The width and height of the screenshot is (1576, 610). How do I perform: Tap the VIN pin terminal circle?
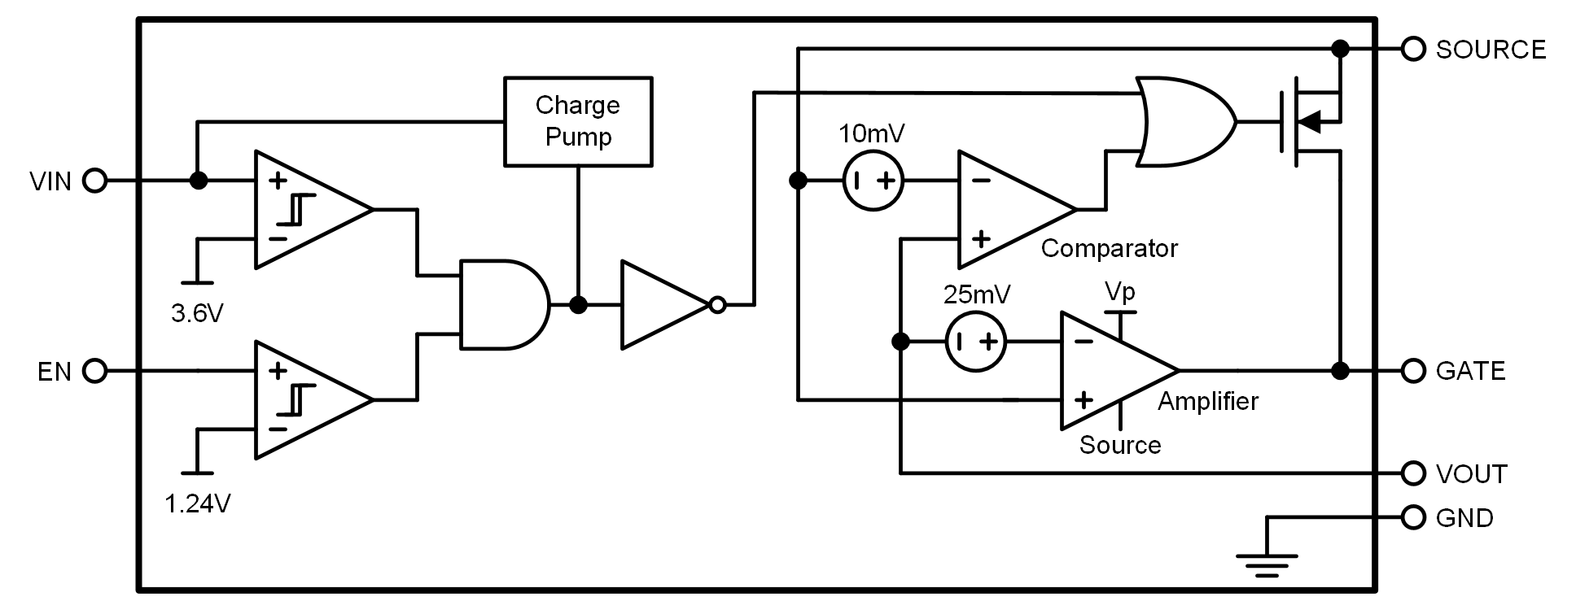(x=95, y=181)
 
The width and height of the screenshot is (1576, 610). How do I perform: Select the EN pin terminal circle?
(x=95, y=371)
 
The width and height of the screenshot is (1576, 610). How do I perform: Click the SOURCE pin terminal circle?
(x=1414, y=50)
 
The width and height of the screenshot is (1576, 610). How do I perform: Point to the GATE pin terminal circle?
(x=1414, y=371)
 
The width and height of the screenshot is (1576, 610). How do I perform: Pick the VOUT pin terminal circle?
(x=1414, y=473)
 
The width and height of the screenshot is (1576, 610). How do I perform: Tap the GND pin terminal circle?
(x=1414, y=517)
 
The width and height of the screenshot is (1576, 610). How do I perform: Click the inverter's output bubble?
(x=717, y=305)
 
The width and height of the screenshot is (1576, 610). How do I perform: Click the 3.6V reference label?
(x=197, y=313)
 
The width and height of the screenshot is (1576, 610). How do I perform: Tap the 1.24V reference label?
(x=198, y=504)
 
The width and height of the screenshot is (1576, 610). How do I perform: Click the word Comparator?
(x=1109, y=248)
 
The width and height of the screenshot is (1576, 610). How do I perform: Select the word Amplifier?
(x=1208, y=401)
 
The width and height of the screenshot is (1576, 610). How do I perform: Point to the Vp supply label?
(x=1120, y=291)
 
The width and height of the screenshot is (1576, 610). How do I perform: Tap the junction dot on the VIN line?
(x=198, y=181)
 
